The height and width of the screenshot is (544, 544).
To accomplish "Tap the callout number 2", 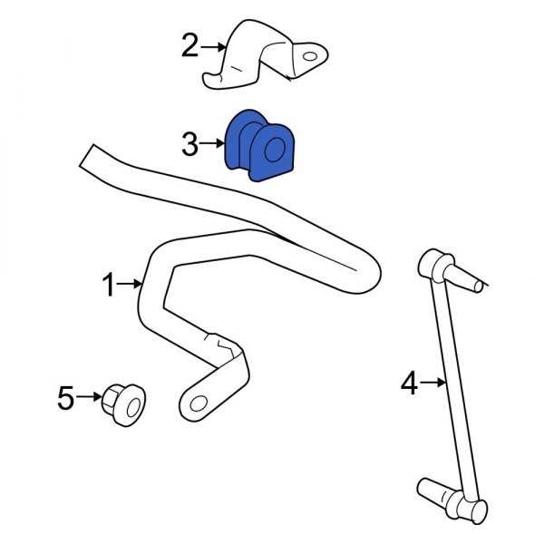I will pyautogui.click(x=189, y=44).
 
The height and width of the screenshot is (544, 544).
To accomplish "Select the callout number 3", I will pyautogui.click(x=189, y=143).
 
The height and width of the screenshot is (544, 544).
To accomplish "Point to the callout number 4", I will pyautogui.click(x=409, y=384).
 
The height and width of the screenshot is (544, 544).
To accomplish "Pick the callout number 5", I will pyautogui.click(x=65, y=397).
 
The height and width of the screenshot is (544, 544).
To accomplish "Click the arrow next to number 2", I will pyautogui.click(x=214, y=45).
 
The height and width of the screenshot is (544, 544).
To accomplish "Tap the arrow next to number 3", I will pyautogui.click(x=213, y=143).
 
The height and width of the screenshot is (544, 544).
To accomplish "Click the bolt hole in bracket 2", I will pyautogui.click(x=309, y=58).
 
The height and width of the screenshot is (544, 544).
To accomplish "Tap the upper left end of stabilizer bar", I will pyautogui.click(x=91, y=156).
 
